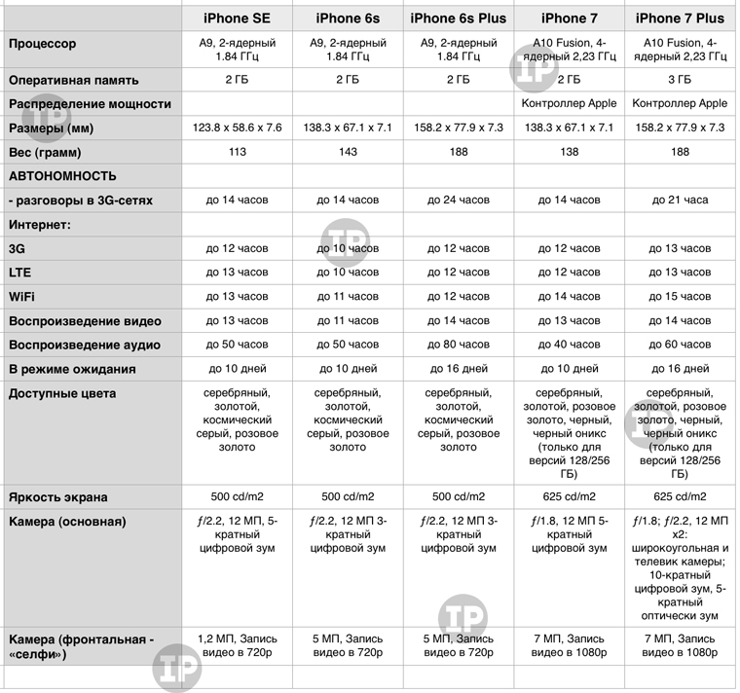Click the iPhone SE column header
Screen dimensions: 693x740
coord(237,18)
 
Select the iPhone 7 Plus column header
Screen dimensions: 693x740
coord(680,18)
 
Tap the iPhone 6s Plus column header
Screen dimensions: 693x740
coord(459,18)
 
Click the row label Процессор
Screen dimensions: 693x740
coord(42,45)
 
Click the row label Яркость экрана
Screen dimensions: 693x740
coord(58,496)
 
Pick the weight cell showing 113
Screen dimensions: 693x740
coord(237,152)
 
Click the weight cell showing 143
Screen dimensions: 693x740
coord(348,152)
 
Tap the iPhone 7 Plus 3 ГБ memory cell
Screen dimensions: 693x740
coord(680,80)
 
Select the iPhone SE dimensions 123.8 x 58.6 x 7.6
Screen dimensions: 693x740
coord(237,128)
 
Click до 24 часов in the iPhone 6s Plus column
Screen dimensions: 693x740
coord(459,200)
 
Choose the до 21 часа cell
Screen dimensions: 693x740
coord(680,200)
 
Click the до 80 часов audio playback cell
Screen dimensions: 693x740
coord(459,345)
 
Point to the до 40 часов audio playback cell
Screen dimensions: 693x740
coord(570,345)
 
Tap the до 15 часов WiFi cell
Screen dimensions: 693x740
coord(680,296)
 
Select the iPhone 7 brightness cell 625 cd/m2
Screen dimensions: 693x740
coord(570,496)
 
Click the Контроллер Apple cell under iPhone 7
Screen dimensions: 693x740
coord(570,103)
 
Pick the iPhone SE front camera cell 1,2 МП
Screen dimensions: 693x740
coord(237,645)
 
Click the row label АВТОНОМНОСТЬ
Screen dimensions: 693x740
coord(62,176)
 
